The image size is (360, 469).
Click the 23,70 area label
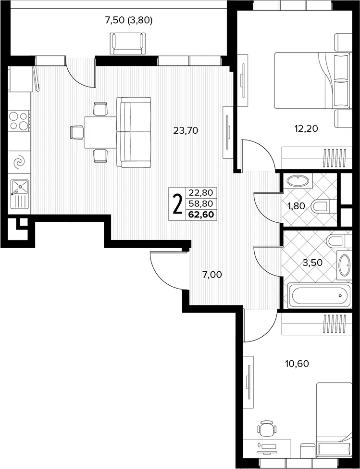click(x=186, y=131)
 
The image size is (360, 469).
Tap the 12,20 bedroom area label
click(x=305, y=128)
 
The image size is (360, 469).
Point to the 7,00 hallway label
click(x=212, y=274)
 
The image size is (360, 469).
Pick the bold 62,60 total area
click(x=201, y=215)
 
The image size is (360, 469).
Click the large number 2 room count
click(x=177, y=203)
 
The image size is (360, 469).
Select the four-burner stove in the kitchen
click(x=19, y=120)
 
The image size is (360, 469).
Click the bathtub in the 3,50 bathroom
click(x=319, y=295)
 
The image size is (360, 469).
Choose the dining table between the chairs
click(x=100, y=132)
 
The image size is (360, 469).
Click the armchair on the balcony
click(x=128, y=43)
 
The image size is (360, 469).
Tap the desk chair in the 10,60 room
click(x=266, y=430)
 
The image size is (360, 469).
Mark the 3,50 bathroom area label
click(x=312, y=263)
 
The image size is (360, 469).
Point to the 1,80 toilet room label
click(x=297, y=206)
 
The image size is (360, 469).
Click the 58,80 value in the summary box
click(x=201, y=203)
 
